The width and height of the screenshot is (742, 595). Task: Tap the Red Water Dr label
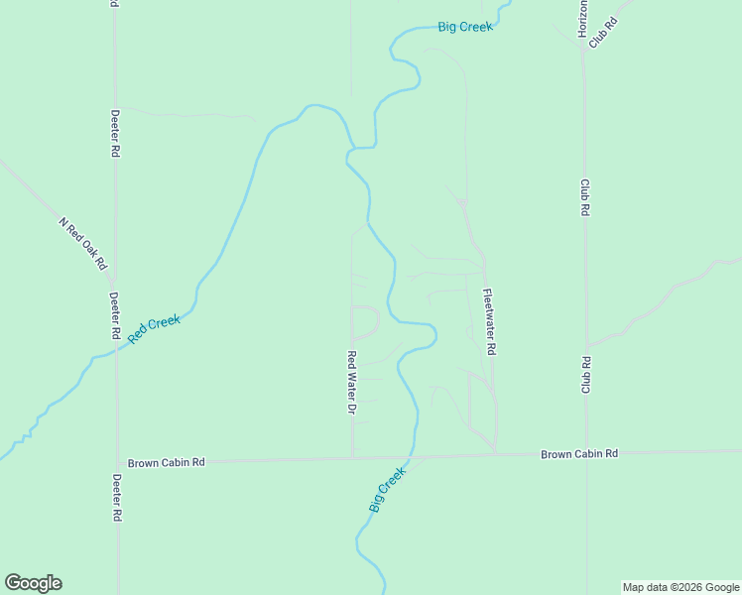pyautogui.click(x=351, y=382)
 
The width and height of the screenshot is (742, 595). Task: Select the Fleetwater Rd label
pyautogui.click(x=489, y=322)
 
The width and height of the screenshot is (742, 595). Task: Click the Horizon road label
pyautogui.click(x=582, y=19)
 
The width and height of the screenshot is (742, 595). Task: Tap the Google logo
pyautogui.click(x=33, y=583)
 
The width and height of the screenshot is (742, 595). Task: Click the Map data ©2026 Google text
pyautogui.click(x=681, y=587)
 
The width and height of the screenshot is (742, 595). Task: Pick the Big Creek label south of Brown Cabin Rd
pyautogui.click(x=388, y=490)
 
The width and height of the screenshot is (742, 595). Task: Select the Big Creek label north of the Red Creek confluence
pyautogui.click(x=465, y=27)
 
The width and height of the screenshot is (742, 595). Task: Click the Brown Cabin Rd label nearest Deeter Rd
pyautogui.click(x=166, y=462)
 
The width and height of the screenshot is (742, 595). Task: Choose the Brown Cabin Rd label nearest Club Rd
pyautogui.click(x=578, y=454)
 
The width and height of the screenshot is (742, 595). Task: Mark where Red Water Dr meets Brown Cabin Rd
pyautogui.click(x=353, y=458)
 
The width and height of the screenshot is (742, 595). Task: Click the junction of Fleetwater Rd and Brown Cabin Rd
pyautogui.click(x=496, y=455)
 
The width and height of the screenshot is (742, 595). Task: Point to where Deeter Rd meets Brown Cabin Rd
pyautogui.click(x=117, y=462)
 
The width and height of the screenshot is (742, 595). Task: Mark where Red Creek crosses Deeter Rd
pyautogui.click(x=116, y=351)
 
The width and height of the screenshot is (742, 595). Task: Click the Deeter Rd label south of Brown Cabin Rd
pyautogui.click(x=116, y=498)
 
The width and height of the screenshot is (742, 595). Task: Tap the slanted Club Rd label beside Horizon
pyautogui.click(x=603, y=33)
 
